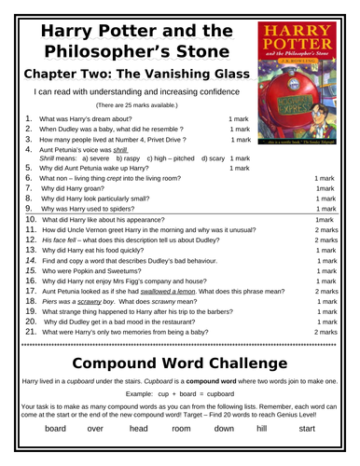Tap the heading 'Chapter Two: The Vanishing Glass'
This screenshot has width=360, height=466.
pyautogui.click(x=132, y=75)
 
